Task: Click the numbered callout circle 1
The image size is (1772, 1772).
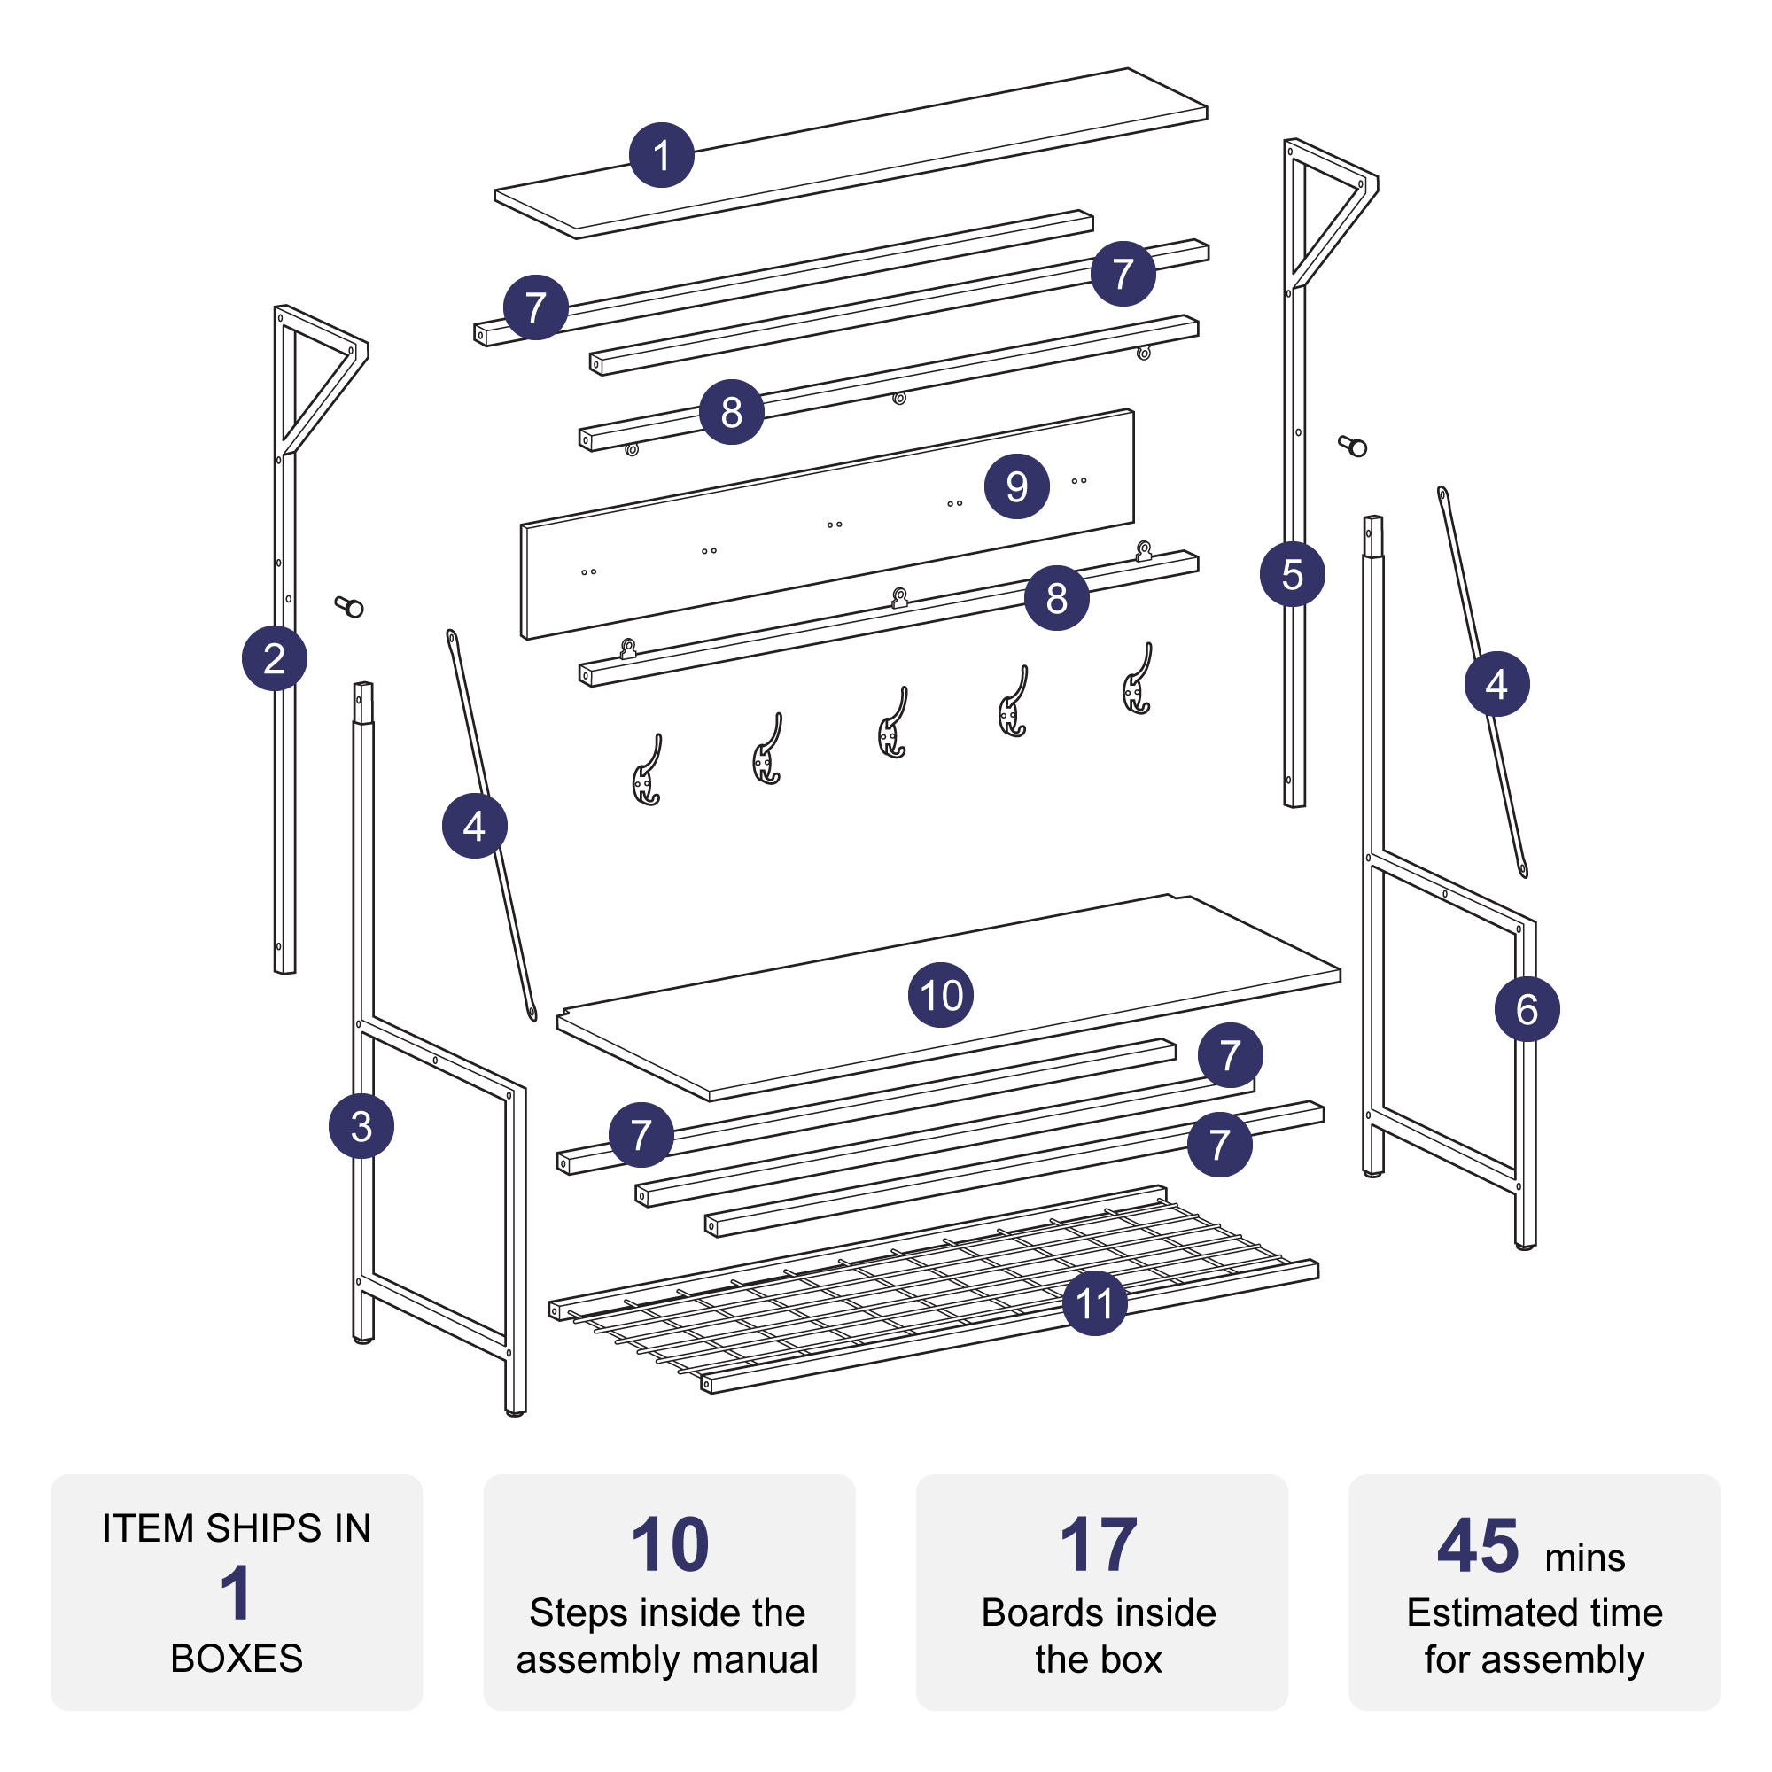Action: (x=661, y=155)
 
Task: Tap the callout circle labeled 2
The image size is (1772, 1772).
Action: (x=275, y=658)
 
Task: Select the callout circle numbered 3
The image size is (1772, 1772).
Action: (x=361, y=1126)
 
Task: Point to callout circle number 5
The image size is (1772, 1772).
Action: (x=1293, y=574)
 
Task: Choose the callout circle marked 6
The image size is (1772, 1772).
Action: (x=1527, y=1009)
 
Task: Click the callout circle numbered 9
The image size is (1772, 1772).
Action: (x=1017, y=486)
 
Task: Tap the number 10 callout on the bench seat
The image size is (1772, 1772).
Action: (x=941, y=995)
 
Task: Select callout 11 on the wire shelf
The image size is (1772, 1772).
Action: (x=1095, y=1303)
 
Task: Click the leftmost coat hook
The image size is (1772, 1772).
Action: (x=648, y=771)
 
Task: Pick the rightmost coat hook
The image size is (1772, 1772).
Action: (x=1139, y=679)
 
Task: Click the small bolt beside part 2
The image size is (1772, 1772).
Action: (x=349, y=606)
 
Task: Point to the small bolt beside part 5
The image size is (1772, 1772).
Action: (x=1353, y=446)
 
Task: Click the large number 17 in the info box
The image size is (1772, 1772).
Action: (x=1099, y=1545)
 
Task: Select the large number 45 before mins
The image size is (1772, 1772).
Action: (x=1478, y=1545)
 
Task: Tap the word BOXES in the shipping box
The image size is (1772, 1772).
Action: (x=237, y=1659)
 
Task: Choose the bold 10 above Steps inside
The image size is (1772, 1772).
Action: (x=671, y=1545)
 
